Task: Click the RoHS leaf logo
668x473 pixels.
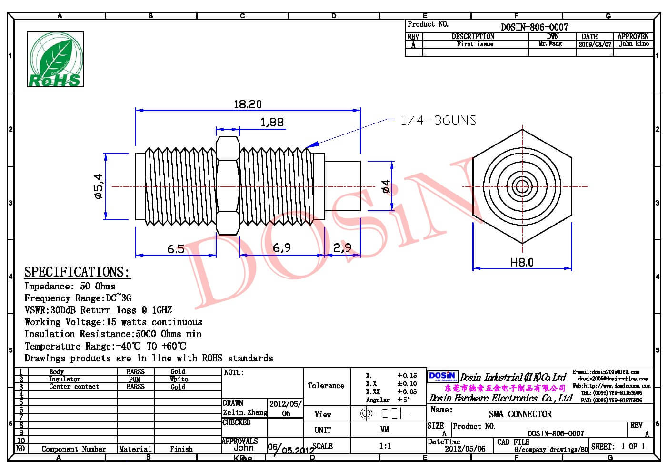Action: click(55, 60)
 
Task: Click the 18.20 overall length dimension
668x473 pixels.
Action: click(248, 104)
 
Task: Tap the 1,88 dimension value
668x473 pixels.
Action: click(272, 122)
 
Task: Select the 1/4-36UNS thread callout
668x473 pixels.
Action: click(438, 120)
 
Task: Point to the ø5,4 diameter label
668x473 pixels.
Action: click(99, 186)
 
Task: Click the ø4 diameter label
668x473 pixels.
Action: click(386, 186)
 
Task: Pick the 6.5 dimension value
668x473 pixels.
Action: click(176, 249)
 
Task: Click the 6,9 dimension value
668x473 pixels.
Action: click(281, 247)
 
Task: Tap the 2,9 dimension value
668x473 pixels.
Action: click(342, 247)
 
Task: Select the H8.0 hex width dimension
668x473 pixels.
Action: click(522, 262)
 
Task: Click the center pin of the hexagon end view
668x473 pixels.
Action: click(522, 186)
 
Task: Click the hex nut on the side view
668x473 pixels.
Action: click(227, 186)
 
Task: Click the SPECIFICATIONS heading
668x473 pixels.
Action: click(77, 272)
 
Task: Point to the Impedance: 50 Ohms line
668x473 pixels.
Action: click(70, 287)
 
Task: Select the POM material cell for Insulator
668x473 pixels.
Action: click(135, 380)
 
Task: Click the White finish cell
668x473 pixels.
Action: click(179, 380)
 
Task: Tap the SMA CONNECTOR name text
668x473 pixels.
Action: click(520, 414)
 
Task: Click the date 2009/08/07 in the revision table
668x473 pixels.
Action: click(595, 44)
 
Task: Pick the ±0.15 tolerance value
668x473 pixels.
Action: click(407, 376)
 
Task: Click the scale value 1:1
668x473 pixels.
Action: click(385, 446)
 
